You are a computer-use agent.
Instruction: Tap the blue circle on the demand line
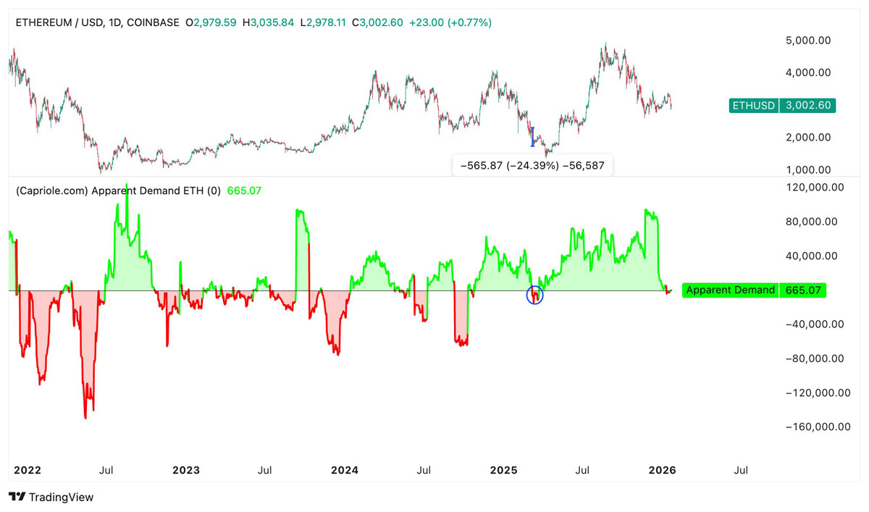point(534,295)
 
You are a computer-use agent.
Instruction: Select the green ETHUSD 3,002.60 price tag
point(782,106)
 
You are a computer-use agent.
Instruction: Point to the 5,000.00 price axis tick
point(808,41)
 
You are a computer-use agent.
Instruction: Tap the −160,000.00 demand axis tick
point(818,427)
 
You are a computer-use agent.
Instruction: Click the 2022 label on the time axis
point(28,470)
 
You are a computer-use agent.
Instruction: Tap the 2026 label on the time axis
point(662,470)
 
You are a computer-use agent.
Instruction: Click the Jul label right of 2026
point(741,470)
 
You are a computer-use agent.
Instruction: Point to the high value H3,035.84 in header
point(268,22)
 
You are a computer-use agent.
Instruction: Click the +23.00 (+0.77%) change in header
point(450,22)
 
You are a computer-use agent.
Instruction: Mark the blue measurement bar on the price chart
point(532,137)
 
